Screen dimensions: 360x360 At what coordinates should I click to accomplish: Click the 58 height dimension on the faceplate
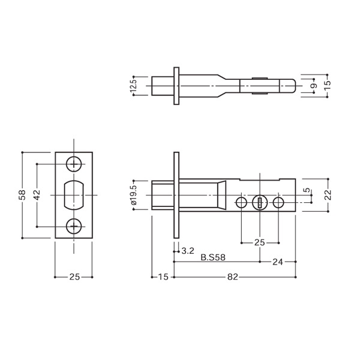coord(23,194)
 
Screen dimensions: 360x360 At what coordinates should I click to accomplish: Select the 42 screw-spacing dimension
coord(37,194)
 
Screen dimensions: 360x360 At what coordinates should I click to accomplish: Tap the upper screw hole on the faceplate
coord(74,164)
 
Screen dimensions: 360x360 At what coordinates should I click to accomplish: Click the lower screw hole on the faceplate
coord(74,226)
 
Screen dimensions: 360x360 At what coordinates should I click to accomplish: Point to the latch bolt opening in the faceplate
coord(74,195)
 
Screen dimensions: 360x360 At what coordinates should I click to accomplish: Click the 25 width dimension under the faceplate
coord(74,277)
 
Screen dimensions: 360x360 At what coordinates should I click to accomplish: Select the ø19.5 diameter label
coord(134,195)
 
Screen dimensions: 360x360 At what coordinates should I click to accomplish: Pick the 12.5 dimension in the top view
coord(134,86)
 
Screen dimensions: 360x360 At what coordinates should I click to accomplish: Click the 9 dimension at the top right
coord(315,86)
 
